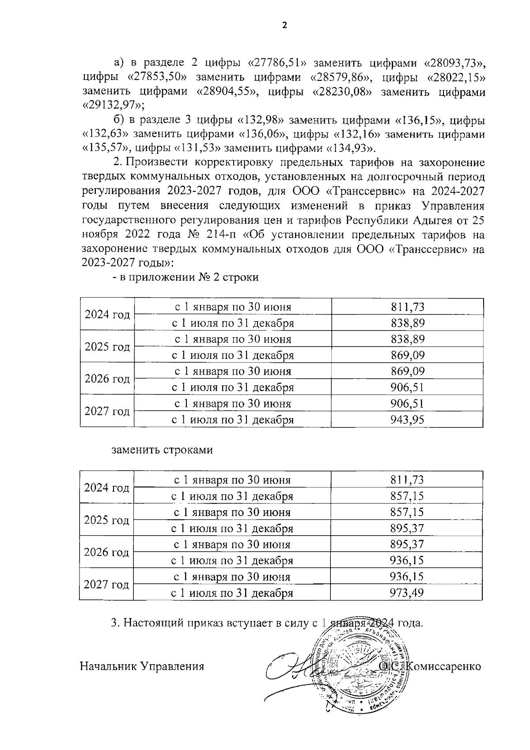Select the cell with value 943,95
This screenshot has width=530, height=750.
coord(407,419)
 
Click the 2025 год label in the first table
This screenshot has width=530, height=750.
coord(107,346)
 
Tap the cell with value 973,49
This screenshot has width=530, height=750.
coord(406,593)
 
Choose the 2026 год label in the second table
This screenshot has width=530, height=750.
coord(106,552)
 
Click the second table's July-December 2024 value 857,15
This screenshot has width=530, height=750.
coord(406,496)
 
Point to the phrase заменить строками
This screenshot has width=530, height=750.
coord(162,450)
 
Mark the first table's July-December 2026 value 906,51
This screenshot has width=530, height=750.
coord(407,387)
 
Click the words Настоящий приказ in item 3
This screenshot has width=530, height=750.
coord(169,623)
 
